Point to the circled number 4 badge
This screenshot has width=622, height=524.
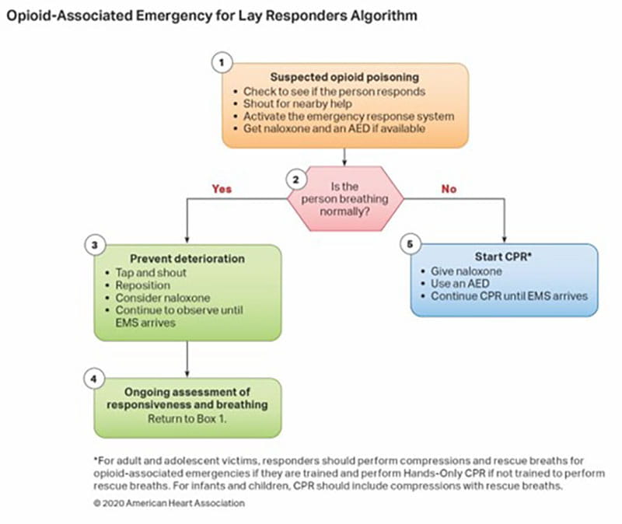click(x=93, y=379)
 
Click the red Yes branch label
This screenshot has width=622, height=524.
click(x=222, y=189)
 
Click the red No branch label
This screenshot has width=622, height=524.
click(x=449, y=189)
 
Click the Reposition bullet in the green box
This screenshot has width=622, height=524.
click(x=143, y=285)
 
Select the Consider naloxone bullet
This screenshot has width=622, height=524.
click(x=162, y=299)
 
